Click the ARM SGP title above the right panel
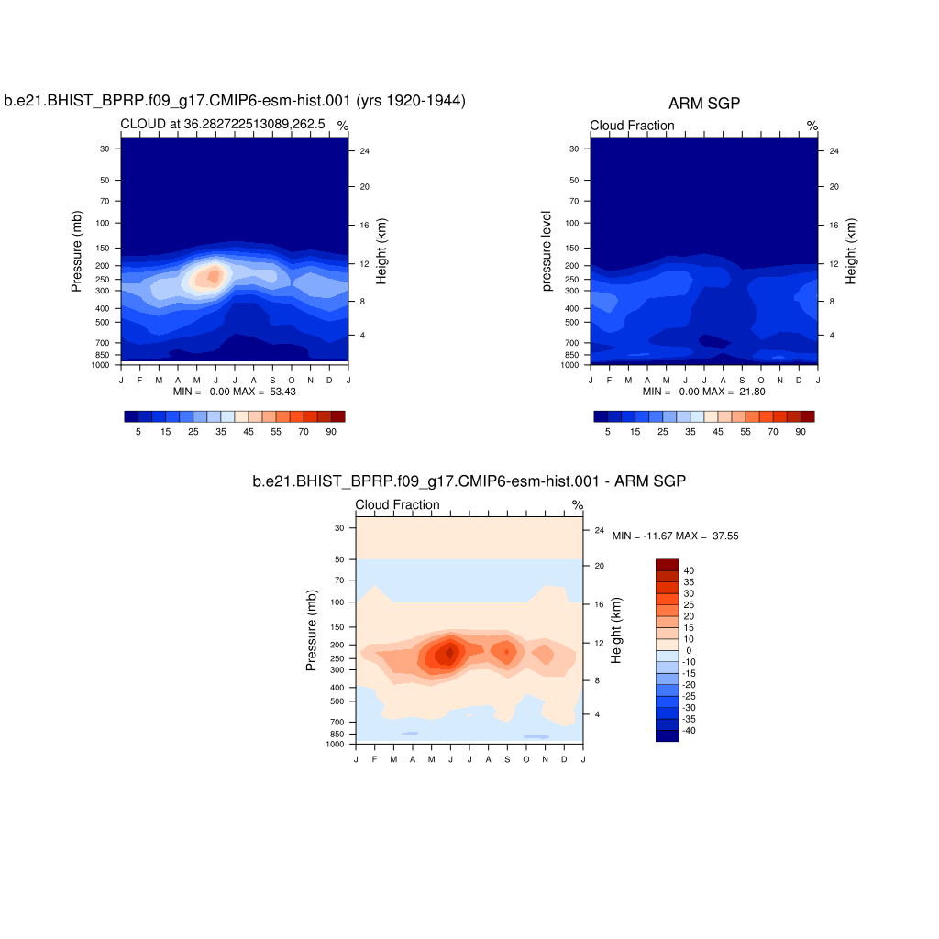pyautogui.click(x=703, y=105)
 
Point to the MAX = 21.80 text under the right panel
pyautogui.click(x=734, y=392)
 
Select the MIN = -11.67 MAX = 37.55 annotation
pyautogui.click(x=675, y=536)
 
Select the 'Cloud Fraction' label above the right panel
pyautogui.click(x=632, y=126)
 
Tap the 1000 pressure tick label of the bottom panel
pyautogui.click(x=335, y=744)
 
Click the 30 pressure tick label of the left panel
pyautogui.click(x=105, y=149)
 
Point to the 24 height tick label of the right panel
pyautogui.click(x=833, y=150)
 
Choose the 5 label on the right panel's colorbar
pyautogui.click(x=607, y=431)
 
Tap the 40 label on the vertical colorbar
pyautogui.click(x=689, y=570)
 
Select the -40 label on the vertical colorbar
pyautogui.click(x=690, y=730)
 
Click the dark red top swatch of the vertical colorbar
pyautogui.click(x=667, y=564)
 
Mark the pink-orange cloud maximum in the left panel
pyautogui.click(x=214, y=274)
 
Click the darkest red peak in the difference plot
pyautogui.click(x=449, y=653)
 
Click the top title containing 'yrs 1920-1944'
pyautogui.click(x=235, y=101)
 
